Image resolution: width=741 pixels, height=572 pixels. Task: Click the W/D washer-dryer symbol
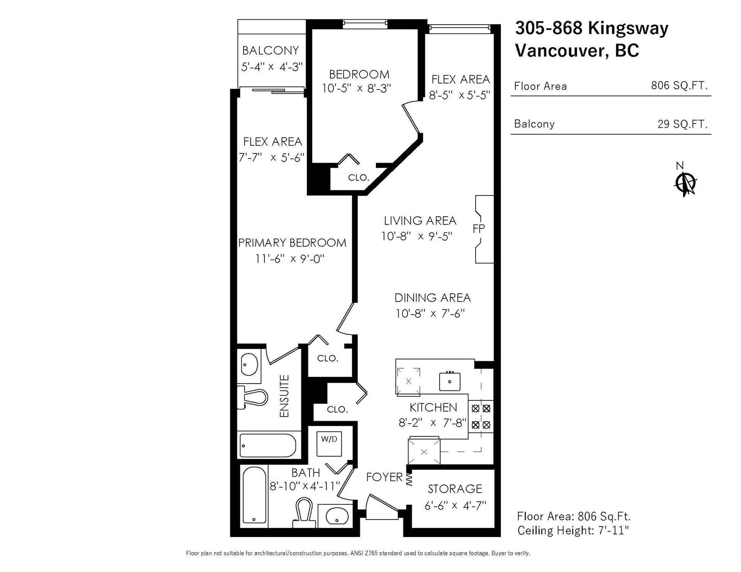pos(329,444)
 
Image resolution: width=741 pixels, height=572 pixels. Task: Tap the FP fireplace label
pos(479,229)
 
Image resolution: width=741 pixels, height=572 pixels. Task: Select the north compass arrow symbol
pos(685,184)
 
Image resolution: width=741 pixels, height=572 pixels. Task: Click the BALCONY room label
pos(271,50)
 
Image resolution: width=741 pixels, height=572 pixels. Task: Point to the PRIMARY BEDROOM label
pos(292,243)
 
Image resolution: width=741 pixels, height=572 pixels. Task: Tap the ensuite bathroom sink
pos(250,364)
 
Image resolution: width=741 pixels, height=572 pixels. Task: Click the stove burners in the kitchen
pos(481,417)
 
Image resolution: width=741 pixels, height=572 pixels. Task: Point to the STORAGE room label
pos(455,489)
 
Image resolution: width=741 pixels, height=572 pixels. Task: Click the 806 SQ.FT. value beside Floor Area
pos(679,85)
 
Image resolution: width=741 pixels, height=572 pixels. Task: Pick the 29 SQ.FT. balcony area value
pos(682,124)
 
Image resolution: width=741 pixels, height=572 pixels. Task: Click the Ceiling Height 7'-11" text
pos(573,531)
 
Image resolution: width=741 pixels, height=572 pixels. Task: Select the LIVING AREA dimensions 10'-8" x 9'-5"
pos(417,236)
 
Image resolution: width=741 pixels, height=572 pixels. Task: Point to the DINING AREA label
pos(433,298)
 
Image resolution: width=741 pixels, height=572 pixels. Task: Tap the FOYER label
pos(384,477)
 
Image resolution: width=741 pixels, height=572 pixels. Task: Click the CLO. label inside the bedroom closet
pos(359,178)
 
